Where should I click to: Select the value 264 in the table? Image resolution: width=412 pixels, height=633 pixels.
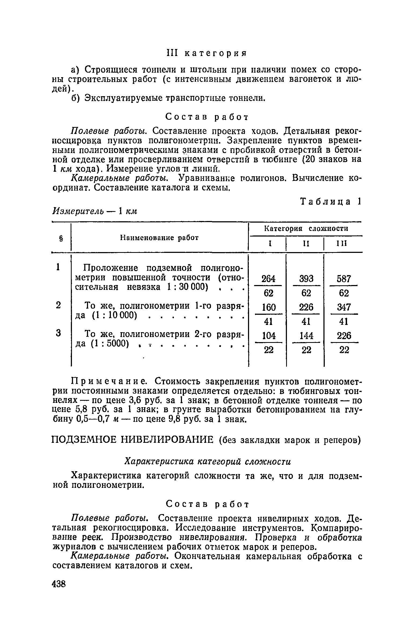[x=268, y=279]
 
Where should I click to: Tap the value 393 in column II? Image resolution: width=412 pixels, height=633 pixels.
[x=306, y=279]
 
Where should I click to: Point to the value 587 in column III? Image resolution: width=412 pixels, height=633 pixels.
[x=344, y=279]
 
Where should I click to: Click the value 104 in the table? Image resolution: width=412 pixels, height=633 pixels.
[x=268, y=336]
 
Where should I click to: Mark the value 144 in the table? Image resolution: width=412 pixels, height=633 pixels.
[x=306, y=336]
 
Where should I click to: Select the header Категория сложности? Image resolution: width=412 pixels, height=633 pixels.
[x=306, y=229]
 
